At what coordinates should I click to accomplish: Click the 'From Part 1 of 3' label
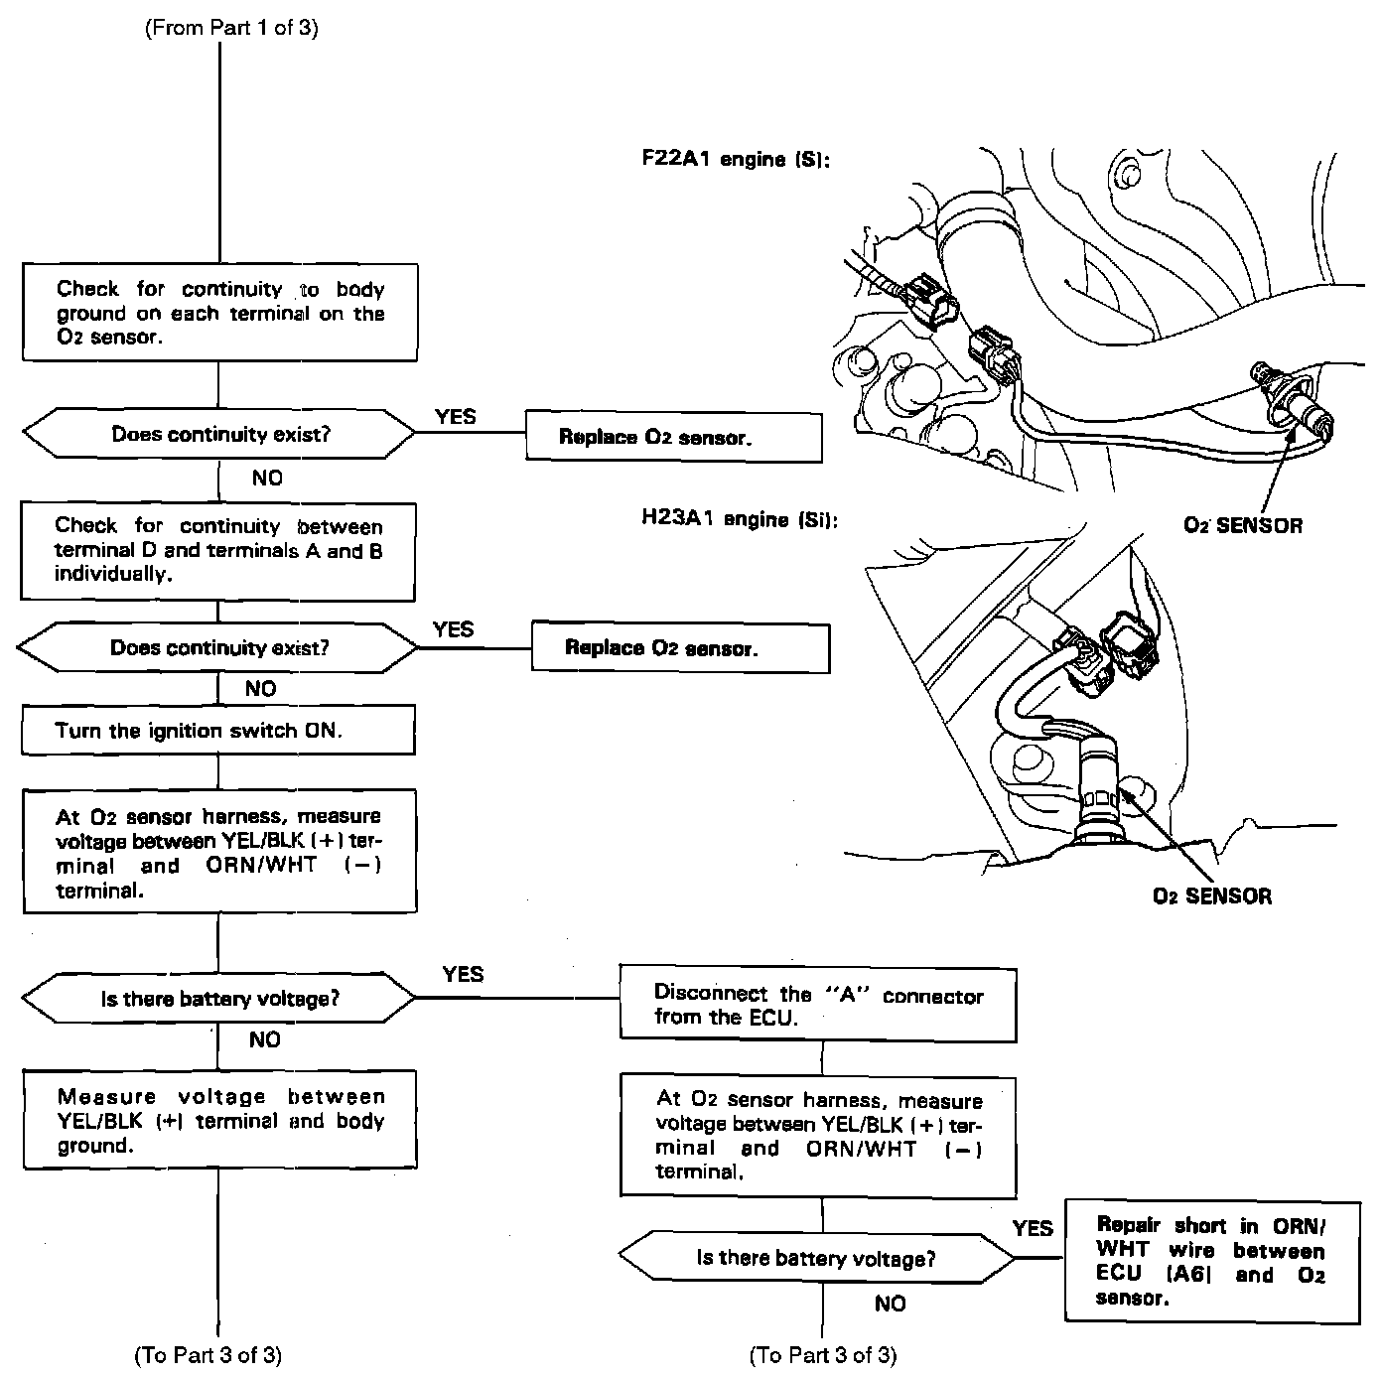coord(231,28)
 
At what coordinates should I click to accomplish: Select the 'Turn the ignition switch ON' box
coord(218,731)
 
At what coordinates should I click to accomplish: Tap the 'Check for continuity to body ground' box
coord(219,313)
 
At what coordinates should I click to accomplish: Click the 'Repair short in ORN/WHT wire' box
coord(1211,1261)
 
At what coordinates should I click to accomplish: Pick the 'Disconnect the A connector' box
coord(818,1005)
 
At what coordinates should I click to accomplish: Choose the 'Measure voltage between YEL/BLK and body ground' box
coord(219,1120)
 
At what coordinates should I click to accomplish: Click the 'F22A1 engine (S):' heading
coord(736,159)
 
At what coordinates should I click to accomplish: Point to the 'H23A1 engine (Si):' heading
coord(740,519)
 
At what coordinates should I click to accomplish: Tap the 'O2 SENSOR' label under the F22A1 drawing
coord(1242,525)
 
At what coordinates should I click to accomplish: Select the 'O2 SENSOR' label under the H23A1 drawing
coord(1211,896)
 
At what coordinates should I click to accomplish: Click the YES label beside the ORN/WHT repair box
coord(1033,1229)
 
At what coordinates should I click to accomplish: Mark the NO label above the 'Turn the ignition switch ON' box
coord(261,688)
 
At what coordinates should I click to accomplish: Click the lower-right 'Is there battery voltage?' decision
coord(816,1259)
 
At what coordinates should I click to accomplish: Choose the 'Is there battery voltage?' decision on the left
coord(219,999)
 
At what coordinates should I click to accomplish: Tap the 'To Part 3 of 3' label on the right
coord(823,1355)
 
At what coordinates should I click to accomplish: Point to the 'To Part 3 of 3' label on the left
coord(207,1355)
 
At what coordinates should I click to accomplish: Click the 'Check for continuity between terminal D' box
coord(218,550)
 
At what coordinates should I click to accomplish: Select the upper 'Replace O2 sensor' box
coord(673,437)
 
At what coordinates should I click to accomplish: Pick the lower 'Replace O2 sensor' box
coord(680,648)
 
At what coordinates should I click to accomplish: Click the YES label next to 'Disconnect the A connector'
coord(463,974)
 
